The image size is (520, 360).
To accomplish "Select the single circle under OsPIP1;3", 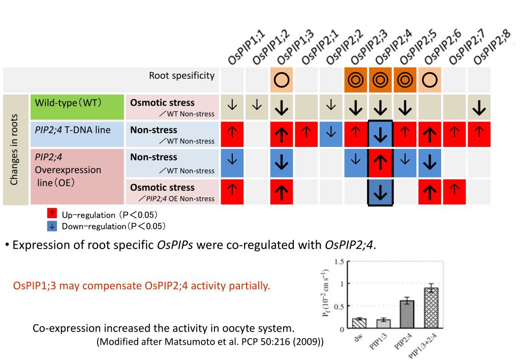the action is (x=282, y=80).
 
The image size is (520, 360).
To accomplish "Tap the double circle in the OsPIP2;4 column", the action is (x=380, y=80).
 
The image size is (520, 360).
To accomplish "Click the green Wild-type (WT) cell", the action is (x=77, y=107).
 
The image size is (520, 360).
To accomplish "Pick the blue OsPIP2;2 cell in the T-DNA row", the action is (x=331, y=134).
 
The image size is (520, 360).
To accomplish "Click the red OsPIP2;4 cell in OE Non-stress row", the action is (x=380, y=163).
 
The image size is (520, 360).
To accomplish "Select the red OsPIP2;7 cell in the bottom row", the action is (x=454, y=192).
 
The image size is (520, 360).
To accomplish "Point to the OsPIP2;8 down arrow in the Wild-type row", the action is (x=479, y=107).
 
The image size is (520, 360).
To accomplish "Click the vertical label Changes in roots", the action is (x=14, y=149).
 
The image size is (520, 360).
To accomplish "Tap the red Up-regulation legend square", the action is (x=52, y=213).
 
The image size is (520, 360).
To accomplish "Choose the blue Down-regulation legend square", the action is (x=52, y=226).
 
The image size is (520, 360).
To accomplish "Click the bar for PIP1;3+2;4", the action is (x=431, y=308).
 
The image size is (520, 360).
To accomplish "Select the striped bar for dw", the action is (x=359, y=323).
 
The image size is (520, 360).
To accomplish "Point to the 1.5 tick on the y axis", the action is (x=339, y=262).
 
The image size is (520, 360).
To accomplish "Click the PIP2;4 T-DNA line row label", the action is (x=73, y=130).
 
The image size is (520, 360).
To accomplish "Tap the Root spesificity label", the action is (x=182, y=76).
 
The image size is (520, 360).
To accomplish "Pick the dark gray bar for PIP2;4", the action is (x=407, y=314).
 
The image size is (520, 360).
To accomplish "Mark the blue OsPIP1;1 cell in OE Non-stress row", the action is (x=232, y=163).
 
